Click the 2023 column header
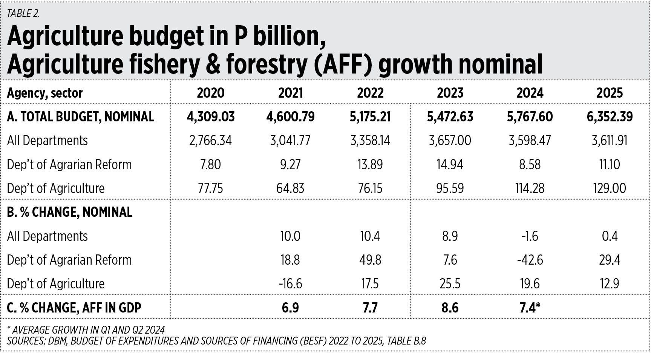pyautogui.click(x=450, y=93)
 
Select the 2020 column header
pyautogui.click(x=210, y=93)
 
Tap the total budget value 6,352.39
pyautogui.click(x=610, y=117)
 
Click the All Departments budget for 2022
pyautogui.click(x=370, y=141)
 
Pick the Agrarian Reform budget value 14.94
pyautogui.click(x=450, y=165)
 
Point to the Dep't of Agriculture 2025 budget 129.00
pyautogui.click(x=610, y=188)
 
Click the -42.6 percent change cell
pyautogui.click(x=530, y=260)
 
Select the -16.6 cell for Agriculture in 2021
pyautogui.click(x=290, y=284)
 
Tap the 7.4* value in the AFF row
pyautogui.click(x=530, y=308)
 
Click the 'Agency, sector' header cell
pyautogui.click(x=45, y=93)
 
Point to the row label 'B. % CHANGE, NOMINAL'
pyautogui.click(x=70, y=212)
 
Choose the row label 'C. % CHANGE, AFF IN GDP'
pyautogui.click(x=74, y=308)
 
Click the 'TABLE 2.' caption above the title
pyautogui.click(x=23, y=14)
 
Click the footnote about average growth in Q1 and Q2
pyautogui.click(x=86, y=330)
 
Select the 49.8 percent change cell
pyautogui.click(x=370, y=260)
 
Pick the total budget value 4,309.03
pyautogui.click(x=210, y=117)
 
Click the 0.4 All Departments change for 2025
pyautogui.click(x=610, y=236)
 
